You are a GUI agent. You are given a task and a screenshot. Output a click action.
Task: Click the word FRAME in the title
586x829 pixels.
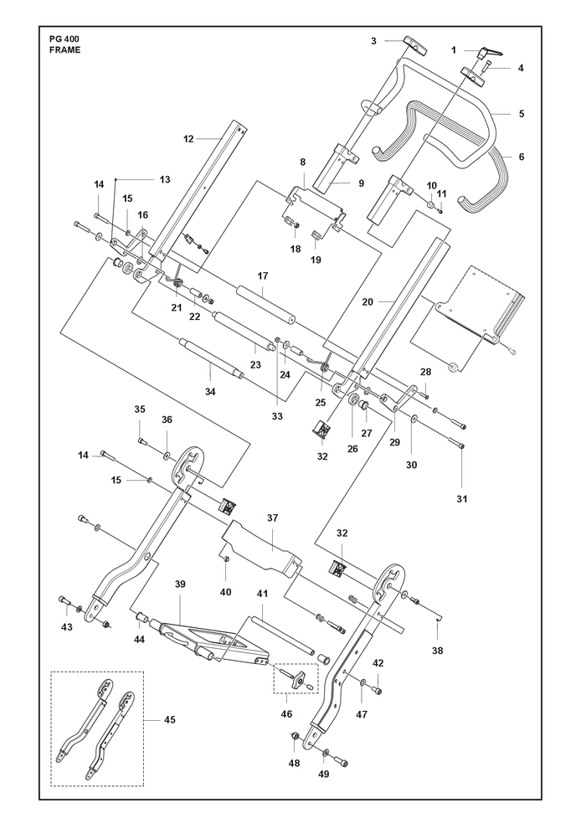pos(63,50)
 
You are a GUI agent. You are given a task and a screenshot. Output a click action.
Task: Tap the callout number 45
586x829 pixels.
pos(170,719)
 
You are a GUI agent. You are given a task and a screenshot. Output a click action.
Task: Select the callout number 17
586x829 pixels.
pos(263,275)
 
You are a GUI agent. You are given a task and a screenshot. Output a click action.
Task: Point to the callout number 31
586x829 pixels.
pos(462,498)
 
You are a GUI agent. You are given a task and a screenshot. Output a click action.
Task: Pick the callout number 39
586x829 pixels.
pos(180,584)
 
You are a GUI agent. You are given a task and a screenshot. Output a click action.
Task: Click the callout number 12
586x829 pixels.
pos(188,139)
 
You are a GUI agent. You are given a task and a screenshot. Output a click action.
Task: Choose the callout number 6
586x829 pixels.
pos(522,157)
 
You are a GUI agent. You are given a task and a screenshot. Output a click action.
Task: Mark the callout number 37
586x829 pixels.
pos(272,517)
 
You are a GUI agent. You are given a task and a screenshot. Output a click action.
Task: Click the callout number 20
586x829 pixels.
pos(368,302)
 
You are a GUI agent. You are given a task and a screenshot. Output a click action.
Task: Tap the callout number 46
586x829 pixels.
pos(286,714)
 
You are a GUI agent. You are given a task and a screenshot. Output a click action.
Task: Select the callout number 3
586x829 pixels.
pos(373,41)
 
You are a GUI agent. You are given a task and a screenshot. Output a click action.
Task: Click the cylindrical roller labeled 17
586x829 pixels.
pos(265,305)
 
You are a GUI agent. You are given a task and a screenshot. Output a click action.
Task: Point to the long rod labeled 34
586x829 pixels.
pos(211,358)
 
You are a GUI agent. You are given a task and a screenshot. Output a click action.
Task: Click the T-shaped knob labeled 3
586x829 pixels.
pos(416,45)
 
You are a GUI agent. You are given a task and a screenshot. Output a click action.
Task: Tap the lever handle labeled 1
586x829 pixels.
pos(490,53)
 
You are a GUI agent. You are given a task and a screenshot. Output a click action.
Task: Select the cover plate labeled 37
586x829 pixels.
pos(261,548)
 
